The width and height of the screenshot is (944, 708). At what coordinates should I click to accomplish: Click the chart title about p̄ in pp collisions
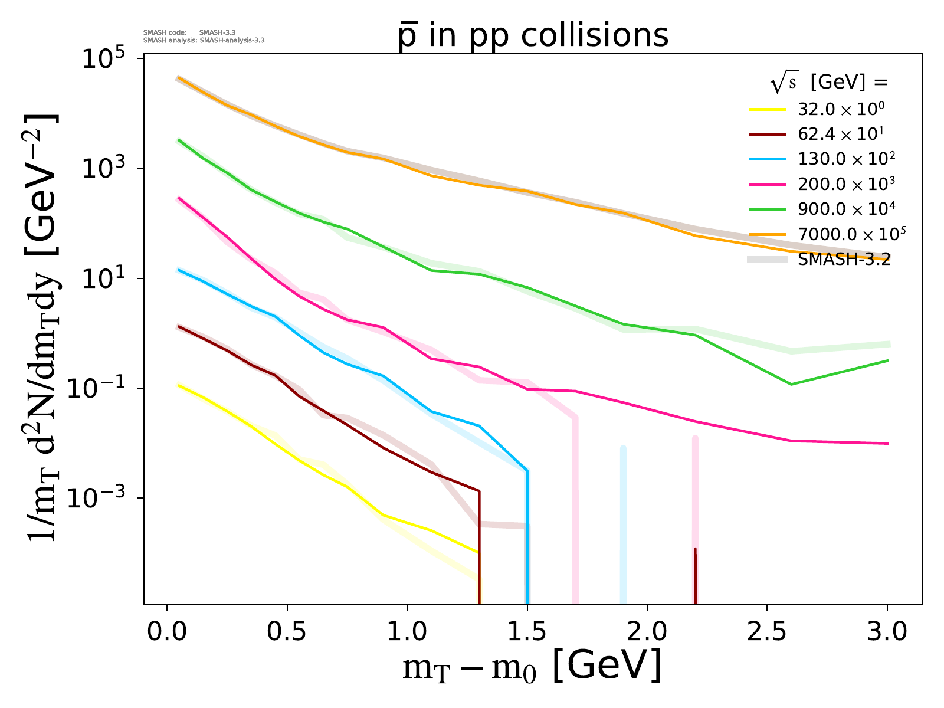pyautogui.click(x=533, y=35)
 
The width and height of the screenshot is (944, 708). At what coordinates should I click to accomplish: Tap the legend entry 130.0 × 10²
pyautogui.click(x=846, y=159)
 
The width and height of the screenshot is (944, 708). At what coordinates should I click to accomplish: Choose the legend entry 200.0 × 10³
pyautogui.click(x=846, y=184)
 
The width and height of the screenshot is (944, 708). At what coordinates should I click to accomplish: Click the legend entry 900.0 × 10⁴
pyautogui.click(x=846, y=209)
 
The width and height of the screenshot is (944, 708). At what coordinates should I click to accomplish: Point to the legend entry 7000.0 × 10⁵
pyautogui.click(x=851, y=234)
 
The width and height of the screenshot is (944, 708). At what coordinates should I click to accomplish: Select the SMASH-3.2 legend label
pyautogui.click(x=844, y=260)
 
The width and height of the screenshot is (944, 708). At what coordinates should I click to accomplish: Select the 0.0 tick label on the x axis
pyautogui.click(x=167, y=632)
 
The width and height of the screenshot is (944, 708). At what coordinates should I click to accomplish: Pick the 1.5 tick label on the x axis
pyautogui.click(x=527, y=632)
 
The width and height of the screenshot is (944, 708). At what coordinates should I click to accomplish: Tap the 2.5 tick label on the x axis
pyautogui.click(x=767, y=632)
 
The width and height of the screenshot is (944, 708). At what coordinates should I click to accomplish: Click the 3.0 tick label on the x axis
pyautogui.click(x=887, y=632)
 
